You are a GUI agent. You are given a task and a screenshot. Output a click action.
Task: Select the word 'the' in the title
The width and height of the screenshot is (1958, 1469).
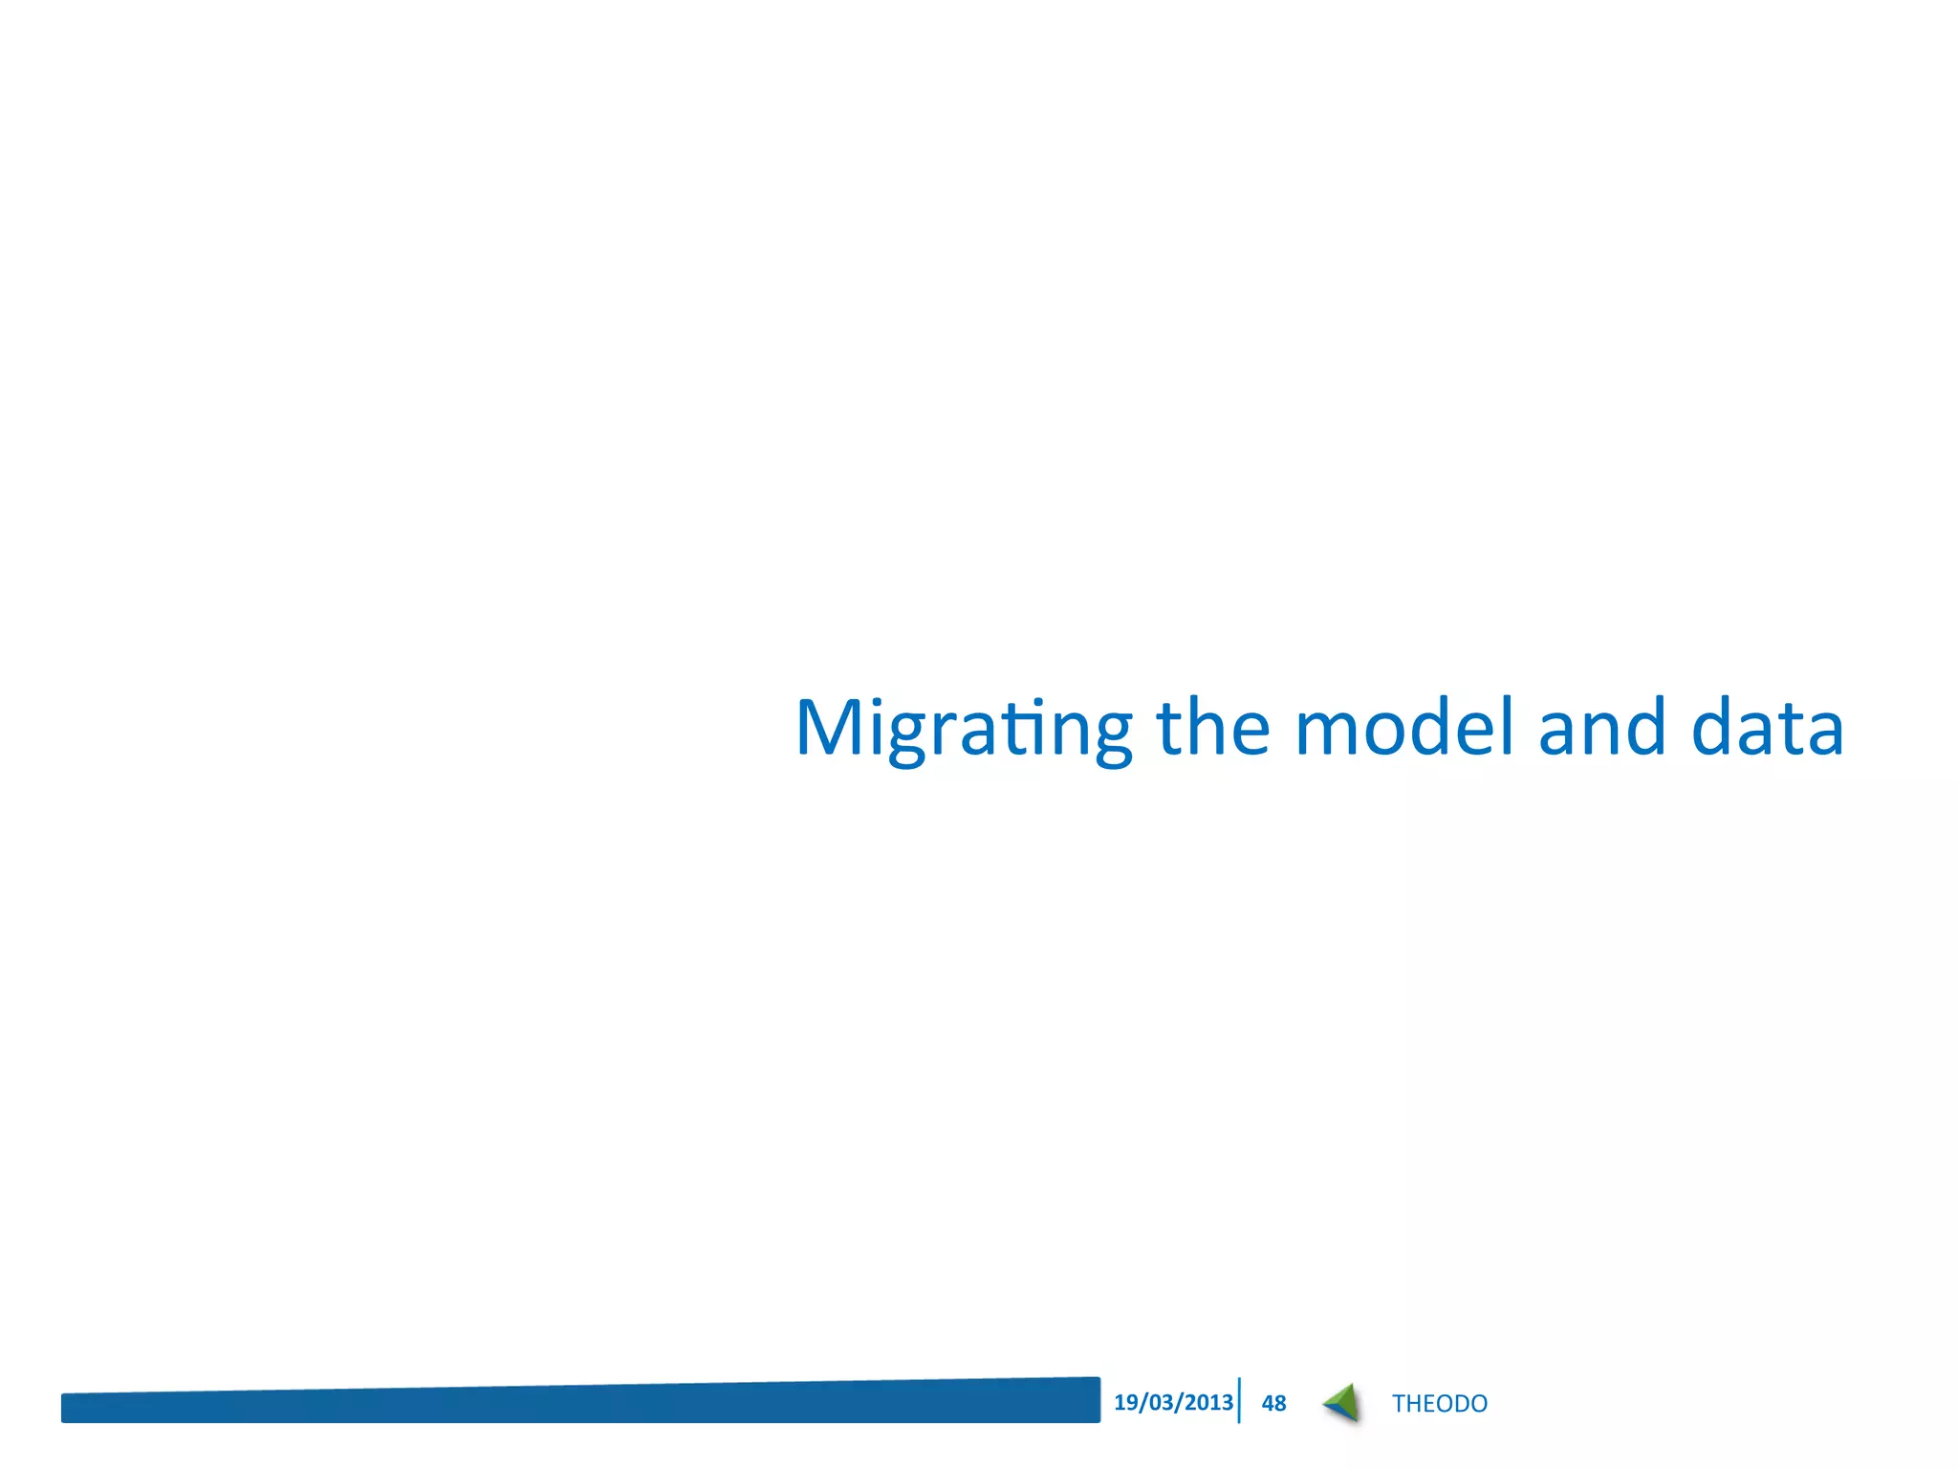pyautogui.click(x=1213, y=727)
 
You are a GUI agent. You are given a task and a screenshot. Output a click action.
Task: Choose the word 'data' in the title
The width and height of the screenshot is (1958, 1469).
pyautogui.click(x=1767, y=727)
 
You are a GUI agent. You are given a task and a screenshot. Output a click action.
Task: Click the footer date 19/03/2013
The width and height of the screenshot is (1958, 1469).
pyautogui.click(x=1173, y=1402)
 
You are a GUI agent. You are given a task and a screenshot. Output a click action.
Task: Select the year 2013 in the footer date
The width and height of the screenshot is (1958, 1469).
pyautogui.click(x=1208, y=1402)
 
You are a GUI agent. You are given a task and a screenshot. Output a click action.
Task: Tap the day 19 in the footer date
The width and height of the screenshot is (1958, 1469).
pyautogui.click(x=1125, y=1402)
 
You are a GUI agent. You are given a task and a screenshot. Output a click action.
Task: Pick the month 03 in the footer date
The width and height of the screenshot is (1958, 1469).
pyautogui.click(x=1161, y=1402)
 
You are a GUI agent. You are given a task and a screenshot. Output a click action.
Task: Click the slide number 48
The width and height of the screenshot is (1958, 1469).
pyautogui.click(x=1273, y=1403)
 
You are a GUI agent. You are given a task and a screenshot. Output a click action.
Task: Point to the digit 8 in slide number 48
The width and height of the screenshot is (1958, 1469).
pyautogui.click(x=1280, y=1403)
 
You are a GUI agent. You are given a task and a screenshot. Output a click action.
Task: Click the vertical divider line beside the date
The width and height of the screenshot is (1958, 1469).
pyautogui.click(x=1239, y=1400)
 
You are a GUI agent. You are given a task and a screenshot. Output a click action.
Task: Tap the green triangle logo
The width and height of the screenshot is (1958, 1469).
pyautogui.click(x=1343, y=1403)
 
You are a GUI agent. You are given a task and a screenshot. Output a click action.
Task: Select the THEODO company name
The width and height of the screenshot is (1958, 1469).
pyautogui.click(x=1439, y=1403)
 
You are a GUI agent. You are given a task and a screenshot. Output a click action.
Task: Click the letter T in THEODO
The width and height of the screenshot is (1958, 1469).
pyautogui.click(x=1399, y=1403)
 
